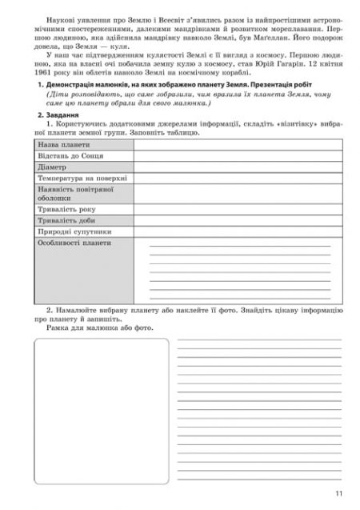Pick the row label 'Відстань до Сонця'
click(x=70, y=156)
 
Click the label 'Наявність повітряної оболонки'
click(x=74, y=194)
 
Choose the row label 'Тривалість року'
click(x=66, y=209)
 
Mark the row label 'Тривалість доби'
click(x=66, y=220)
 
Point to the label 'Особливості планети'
click(x=74, y=243)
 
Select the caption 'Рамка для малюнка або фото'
click(x=98, y=327)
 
